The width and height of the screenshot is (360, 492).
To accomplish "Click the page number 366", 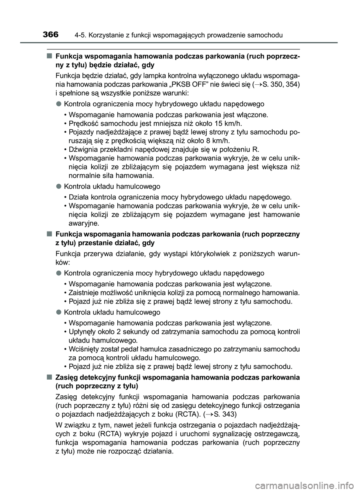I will point(51,34).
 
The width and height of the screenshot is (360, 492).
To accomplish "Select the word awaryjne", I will point(84,223).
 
